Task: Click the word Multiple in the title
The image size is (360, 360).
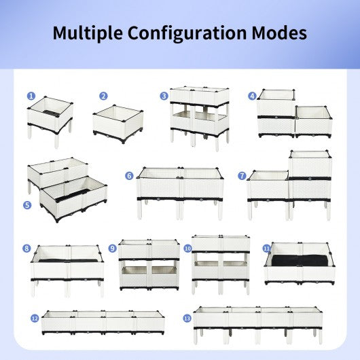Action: (88, 33)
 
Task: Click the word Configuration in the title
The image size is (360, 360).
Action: (187, 33)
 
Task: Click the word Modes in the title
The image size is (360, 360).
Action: (279, 33)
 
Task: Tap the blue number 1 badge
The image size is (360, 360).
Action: (31, 96)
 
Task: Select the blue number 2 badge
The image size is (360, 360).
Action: (103, 96)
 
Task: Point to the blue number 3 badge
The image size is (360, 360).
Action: (164, 96)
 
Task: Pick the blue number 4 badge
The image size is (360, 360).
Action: (252, 96)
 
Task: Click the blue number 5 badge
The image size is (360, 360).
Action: (27, 205)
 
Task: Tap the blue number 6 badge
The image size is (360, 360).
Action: (129, 176)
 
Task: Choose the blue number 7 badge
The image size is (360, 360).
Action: (242, 176)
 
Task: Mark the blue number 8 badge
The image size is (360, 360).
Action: (26, 248)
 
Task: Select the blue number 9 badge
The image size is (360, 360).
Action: (112, 248)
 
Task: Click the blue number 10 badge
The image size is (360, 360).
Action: (187, 249)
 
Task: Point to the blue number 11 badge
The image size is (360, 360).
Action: (266, 249)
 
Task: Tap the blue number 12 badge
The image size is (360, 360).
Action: (35, 319)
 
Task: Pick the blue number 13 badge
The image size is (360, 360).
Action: (187, 319)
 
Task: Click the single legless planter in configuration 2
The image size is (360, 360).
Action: (118, 124)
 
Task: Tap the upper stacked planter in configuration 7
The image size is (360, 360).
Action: (310, 164)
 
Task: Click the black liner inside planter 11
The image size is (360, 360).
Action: (300, 260)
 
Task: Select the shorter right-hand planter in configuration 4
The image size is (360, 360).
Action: (314, 122)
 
